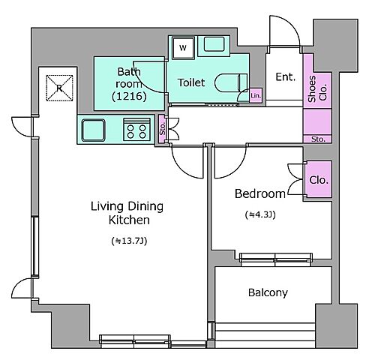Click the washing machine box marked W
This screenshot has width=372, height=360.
click(183, 48)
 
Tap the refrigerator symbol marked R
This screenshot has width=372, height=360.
click(59, 88)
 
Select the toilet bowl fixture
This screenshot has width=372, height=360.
click(230, 82)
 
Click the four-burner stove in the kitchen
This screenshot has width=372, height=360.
click(136, 129)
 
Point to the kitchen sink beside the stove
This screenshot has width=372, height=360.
click(94, 130)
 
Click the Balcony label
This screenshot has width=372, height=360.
click(268, 292)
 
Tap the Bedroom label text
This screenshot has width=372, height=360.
click(260, 193)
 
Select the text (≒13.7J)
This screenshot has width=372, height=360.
click(129, 241)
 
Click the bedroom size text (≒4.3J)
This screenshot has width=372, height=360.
click(260, 214)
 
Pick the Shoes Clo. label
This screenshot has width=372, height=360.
click(317, 90)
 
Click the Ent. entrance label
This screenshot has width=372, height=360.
click(285, 77)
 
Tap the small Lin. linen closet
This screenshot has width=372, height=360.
click(256, 95)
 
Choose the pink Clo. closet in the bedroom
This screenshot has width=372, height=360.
click(319, 180)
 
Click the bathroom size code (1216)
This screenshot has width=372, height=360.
click(129, 96)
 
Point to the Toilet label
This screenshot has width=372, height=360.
click(191, 82)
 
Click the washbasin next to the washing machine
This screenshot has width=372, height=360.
click(214, 44)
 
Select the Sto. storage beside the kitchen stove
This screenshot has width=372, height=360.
click(163, 129)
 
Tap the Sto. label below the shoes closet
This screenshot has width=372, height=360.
click(318, 139)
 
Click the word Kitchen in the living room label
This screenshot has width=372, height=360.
click(129, 220)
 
